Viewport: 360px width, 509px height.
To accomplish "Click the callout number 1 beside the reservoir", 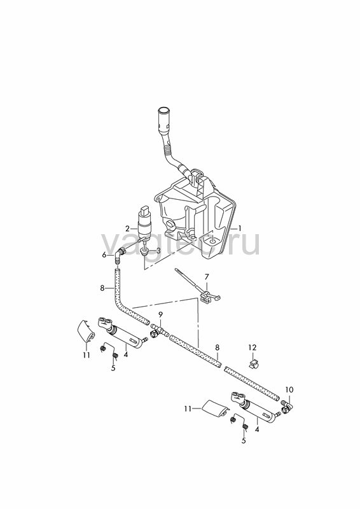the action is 240,228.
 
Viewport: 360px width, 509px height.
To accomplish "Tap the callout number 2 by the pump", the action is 127,228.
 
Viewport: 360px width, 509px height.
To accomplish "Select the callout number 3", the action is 158,250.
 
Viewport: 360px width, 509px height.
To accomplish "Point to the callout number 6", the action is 104,255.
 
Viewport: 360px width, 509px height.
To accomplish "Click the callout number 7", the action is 207,277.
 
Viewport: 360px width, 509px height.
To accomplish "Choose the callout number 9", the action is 160,314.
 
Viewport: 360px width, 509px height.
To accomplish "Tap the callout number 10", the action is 289,389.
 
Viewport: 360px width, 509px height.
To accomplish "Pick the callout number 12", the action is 253,347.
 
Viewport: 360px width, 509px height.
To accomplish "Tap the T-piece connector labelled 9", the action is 159,331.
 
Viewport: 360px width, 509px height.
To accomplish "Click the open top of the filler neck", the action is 163,109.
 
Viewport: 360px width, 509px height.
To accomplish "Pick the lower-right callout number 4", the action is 257,429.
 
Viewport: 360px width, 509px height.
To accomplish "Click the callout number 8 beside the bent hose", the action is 102,288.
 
